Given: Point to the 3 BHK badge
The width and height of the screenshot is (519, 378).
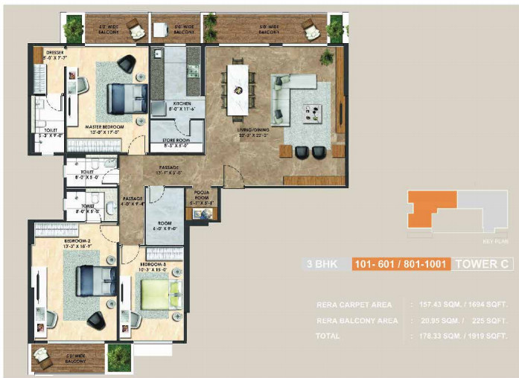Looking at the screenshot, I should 322,263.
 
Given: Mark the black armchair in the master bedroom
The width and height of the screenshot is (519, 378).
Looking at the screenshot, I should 126,63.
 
